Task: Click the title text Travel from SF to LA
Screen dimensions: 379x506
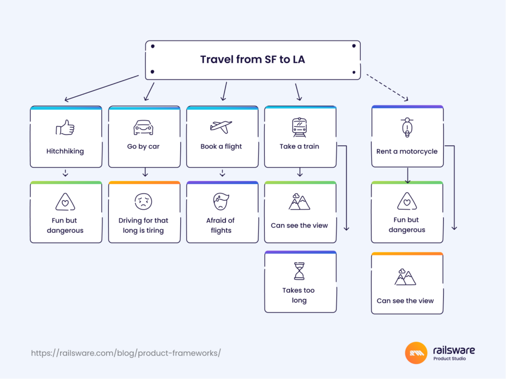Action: tap(253, 60)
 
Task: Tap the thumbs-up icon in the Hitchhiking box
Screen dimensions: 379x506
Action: tap(65, 128)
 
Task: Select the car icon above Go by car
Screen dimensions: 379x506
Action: tap(143, 127)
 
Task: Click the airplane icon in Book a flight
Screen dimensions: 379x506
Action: tap(221, 127)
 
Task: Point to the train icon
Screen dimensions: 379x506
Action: tap(299, 127)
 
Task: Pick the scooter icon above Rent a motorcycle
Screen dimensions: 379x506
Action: tap(407, 128)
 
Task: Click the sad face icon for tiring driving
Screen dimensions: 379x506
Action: tap(143, 201)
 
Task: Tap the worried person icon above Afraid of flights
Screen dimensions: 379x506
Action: tap(221, 201)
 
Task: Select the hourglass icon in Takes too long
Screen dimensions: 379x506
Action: tap(299, 271)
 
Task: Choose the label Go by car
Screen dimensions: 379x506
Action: tap(143, 147)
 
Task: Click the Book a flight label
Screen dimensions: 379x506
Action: tap(221, 147)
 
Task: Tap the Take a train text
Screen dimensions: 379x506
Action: tap(299, 147)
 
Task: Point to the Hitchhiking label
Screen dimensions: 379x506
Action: tap(65, 152)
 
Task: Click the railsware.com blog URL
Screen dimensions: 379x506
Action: tap(126, 353)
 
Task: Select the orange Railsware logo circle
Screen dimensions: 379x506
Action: tap(416, 353)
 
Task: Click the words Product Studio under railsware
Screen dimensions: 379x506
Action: tap(449, 359)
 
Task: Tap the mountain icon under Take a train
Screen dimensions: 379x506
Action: tap(299, 202)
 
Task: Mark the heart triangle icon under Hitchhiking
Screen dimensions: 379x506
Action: tap(65, 201)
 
